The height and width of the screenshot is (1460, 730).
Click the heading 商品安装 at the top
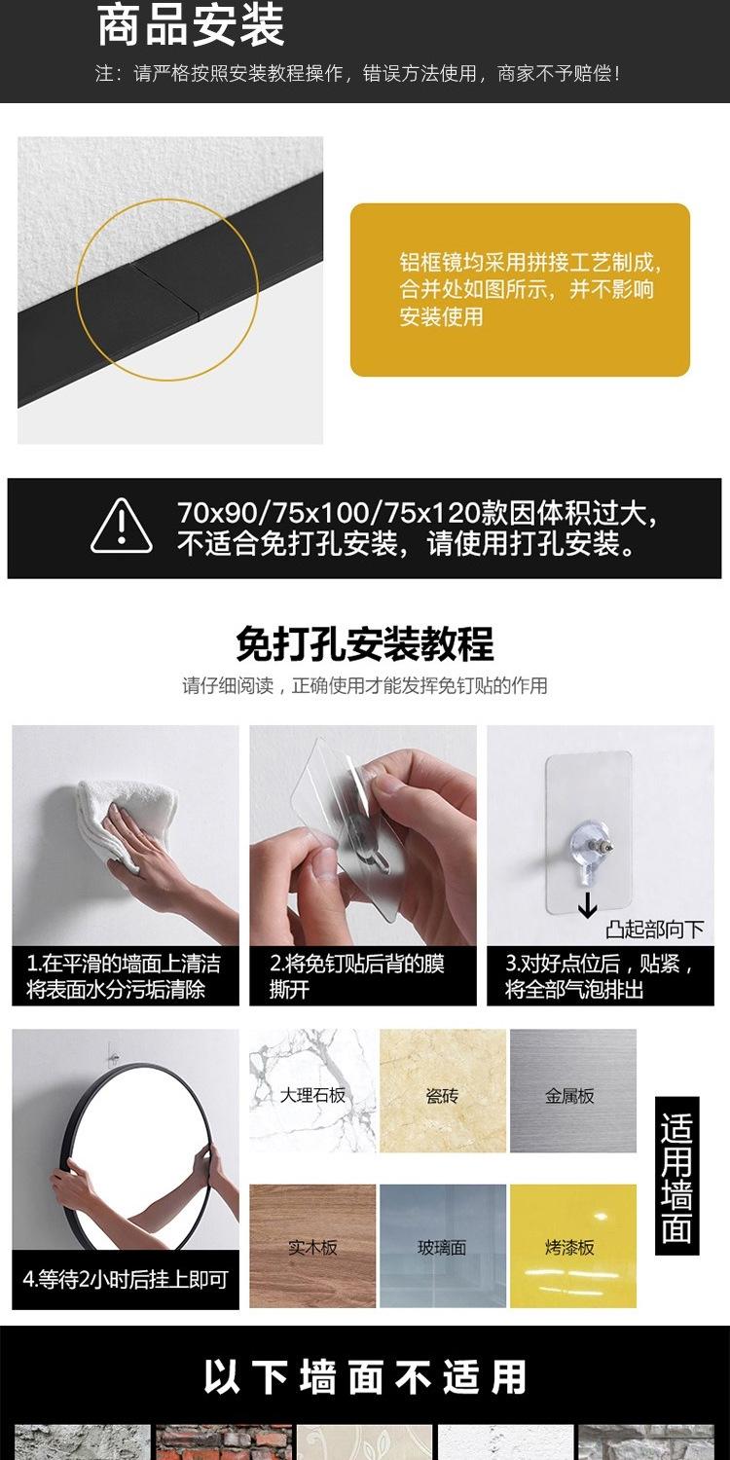point(191,26)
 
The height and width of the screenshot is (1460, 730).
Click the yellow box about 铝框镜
point(520,289)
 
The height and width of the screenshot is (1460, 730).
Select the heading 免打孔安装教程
point(365,643)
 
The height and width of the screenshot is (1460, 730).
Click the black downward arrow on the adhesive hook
point(587,908)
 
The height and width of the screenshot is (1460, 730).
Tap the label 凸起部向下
point(654,930)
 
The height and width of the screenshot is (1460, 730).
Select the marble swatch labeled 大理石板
point(312,1091)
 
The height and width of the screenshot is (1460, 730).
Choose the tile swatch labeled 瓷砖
point(442,1091)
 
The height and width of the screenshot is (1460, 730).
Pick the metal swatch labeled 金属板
point(572,1091)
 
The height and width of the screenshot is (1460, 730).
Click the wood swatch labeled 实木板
point(312,1245)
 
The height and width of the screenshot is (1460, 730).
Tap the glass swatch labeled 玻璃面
point(442,1245)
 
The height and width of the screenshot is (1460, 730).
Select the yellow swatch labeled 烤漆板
point(572,1245)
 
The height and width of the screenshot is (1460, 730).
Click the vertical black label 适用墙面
point(676,1175)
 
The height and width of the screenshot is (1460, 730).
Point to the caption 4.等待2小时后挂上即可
point(125,1279)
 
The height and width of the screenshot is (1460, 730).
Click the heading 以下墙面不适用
point(365,1377)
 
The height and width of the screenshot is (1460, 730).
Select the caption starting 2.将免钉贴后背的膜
point(362,977)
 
